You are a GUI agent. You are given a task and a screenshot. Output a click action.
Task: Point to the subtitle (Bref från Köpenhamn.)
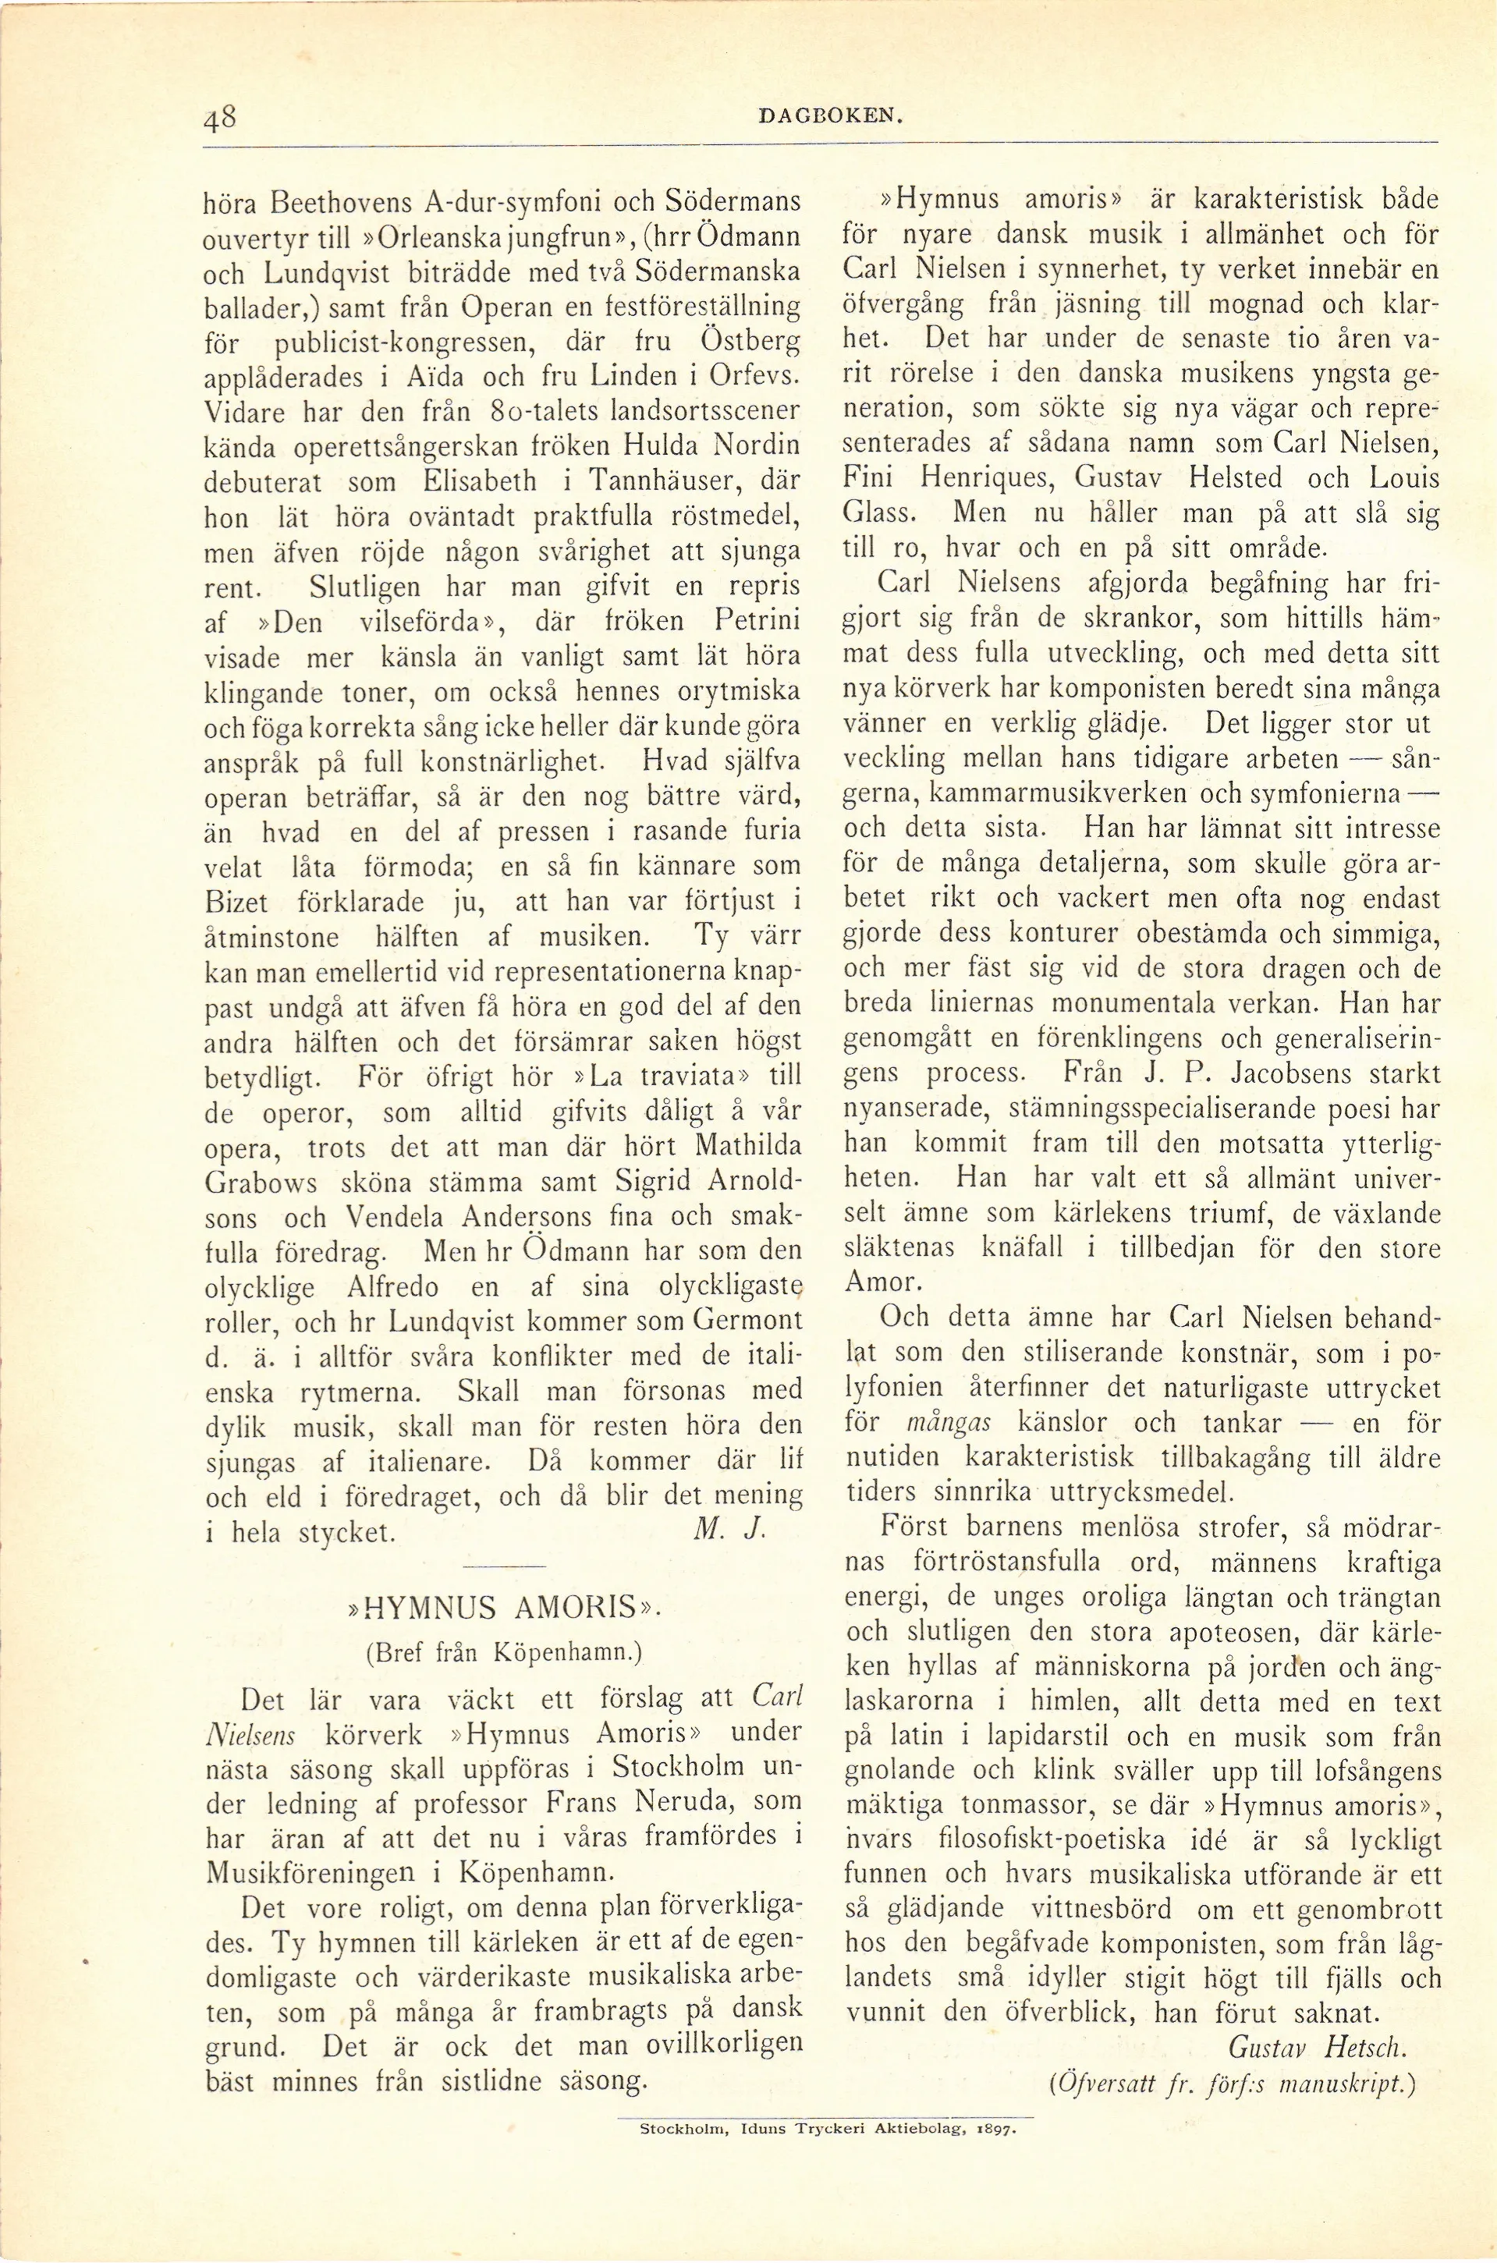pyautogui.click(x=503, y=1652)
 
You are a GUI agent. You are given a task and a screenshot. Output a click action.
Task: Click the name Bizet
pyautogui.click(x=236, y=902)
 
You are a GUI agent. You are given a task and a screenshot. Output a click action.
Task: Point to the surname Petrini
pyautogui.click(x=756, y=622)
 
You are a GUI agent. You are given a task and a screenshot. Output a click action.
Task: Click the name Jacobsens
pyautogui.click(x=1300, y=1073)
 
